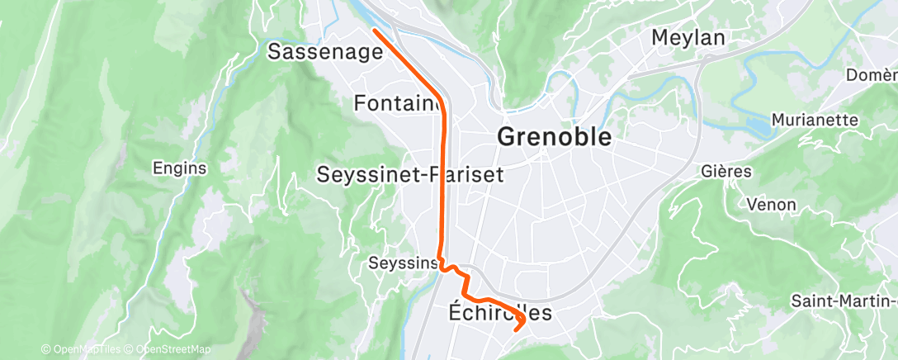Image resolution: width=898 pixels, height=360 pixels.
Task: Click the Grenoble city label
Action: point(555,137)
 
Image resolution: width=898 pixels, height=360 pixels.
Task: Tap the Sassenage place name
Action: point(326,52)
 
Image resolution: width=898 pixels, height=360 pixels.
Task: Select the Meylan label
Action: point(688,37)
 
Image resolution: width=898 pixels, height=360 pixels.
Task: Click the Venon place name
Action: point(770,204)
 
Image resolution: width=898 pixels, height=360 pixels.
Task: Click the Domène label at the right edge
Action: point(871,75)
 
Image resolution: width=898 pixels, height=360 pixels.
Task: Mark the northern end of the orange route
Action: point(375,31)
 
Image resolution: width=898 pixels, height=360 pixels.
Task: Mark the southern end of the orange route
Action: point(517,329)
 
